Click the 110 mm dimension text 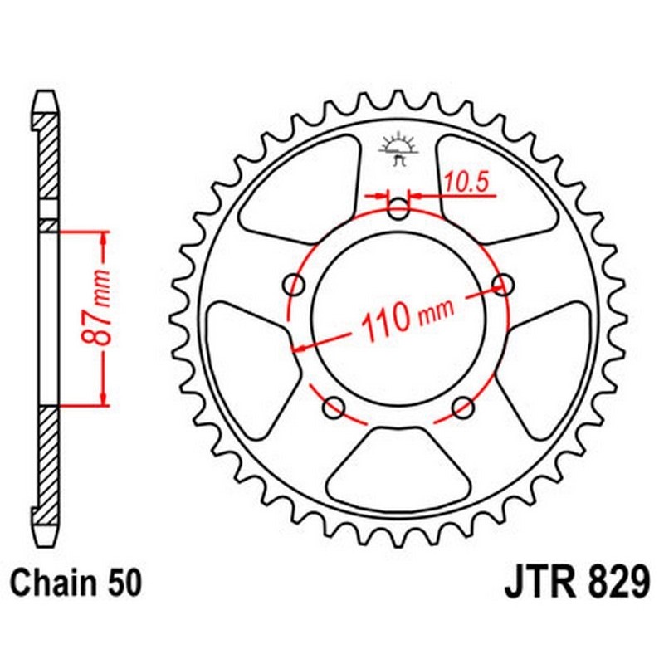399,316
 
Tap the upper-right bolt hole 502,285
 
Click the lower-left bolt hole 334,407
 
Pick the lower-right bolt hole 463,407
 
